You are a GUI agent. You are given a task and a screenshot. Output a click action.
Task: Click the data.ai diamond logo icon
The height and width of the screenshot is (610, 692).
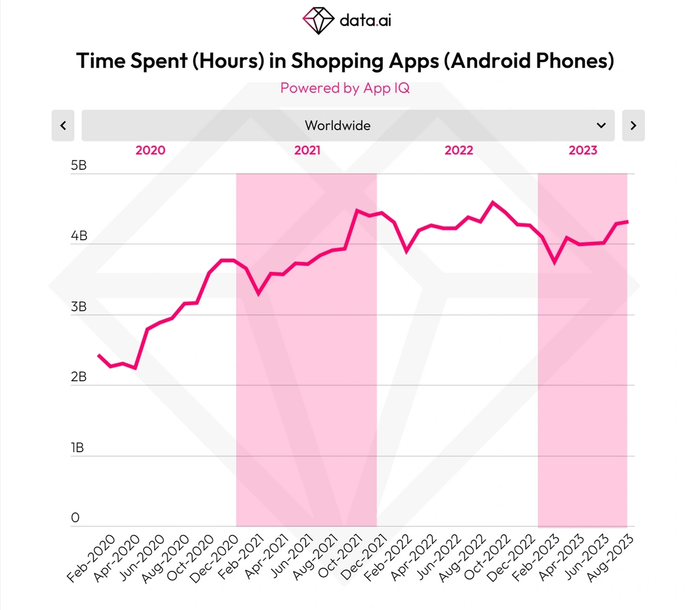[x=318, y=21]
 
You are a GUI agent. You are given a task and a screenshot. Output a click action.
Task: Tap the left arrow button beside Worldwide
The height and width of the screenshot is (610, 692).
[x=63, y=126]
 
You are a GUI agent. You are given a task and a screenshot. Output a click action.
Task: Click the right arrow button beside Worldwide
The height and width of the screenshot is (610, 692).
[x=633, y=126]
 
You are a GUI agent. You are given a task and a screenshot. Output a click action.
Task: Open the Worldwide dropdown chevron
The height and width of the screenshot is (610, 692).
[x=601, y=126]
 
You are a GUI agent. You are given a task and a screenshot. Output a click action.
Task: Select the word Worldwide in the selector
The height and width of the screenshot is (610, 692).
[x=337, y=126]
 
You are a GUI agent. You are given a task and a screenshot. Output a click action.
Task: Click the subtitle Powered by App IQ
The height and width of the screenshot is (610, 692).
[x=345, y=88]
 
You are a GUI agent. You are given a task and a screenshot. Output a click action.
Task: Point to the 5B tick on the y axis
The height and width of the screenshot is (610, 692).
[x=78, y=166]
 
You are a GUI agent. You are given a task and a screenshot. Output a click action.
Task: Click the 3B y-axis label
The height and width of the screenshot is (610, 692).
[x=78, y=307]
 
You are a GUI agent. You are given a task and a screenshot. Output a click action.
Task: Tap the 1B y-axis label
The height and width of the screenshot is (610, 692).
[x=77, y=448]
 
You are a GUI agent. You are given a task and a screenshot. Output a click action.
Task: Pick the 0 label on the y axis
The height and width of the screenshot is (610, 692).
[x=75, y=518]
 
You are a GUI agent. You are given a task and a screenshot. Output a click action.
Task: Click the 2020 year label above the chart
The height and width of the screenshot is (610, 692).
[x=150, y=150]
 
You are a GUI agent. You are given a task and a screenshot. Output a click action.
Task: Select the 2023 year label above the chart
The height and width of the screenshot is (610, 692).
[x=583, y=150]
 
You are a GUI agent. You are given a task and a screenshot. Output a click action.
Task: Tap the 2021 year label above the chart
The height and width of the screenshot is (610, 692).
[x=307, y=150]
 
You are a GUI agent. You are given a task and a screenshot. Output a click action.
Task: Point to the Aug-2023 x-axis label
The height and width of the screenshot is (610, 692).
[x=611, y=557]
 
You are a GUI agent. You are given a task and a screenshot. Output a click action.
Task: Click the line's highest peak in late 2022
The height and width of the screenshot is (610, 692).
[x=492, y=202]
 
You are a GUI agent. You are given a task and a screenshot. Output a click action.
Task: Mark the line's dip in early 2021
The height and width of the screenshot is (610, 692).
[x=258, y=293]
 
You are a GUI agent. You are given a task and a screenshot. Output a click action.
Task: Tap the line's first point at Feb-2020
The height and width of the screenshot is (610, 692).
[x=99, y=355]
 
